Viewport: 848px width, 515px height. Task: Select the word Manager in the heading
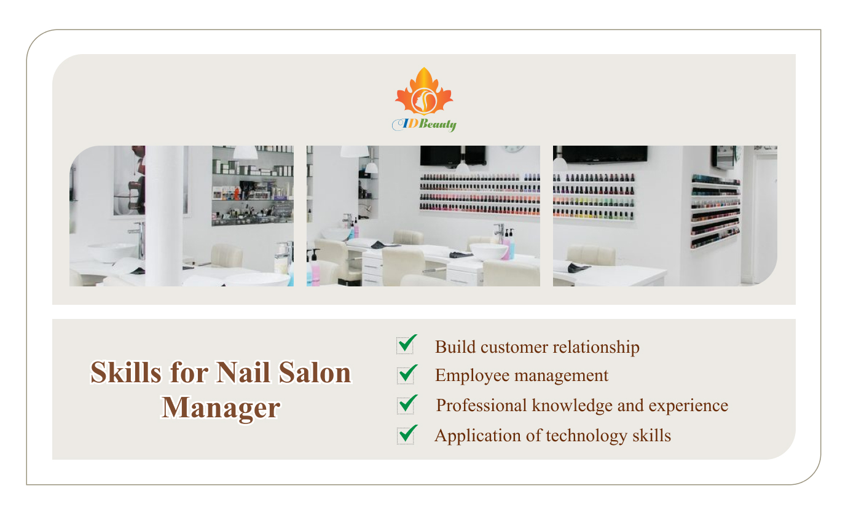tap(221, 407)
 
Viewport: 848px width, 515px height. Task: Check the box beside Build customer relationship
tap(406, 345)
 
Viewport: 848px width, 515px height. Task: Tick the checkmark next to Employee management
tap(406, 374)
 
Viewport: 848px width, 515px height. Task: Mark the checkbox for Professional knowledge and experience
tap(406, 404)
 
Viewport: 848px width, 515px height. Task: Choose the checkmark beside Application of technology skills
tap(406, 434)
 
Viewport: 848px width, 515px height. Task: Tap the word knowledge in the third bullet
tap(568, 406)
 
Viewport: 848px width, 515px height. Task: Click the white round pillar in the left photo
tap(164, 215)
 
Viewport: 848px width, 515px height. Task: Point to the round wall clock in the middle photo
tap(513, 149)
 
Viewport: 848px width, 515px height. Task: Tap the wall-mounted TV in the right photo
tap(604, 154)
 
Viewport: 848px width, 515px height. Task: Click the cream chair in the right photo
tap(590, 255)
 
